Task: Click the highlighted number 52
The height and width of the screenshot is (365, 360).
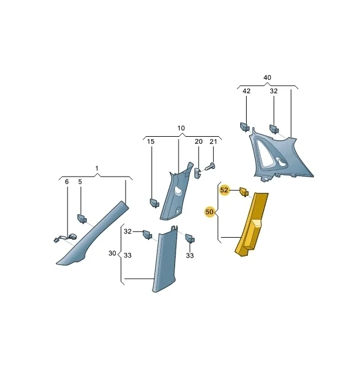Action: coord(224,190)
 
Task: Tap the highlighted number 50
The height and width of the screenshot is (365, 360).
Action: coord(209,212)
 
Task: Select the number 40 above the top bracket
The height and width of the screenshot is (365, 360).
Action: coord(267,77)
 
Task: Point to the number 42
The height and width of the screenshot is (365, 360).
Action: coord(246,91)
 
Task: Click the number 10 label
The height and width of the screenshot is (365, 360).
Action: coord(181,128)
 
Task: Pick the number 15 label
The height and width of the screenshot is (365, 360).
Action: coord(151,141)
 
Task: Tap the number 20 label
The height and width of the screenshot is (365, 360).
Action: coord(198,141)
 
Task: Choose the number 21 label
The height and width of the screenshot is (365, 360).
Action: coord(213,141)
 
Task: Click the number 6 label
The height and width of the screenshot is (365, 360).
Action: coord(67,182)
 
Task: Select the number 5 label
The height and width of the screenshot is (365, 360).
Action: coord(80,182)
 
